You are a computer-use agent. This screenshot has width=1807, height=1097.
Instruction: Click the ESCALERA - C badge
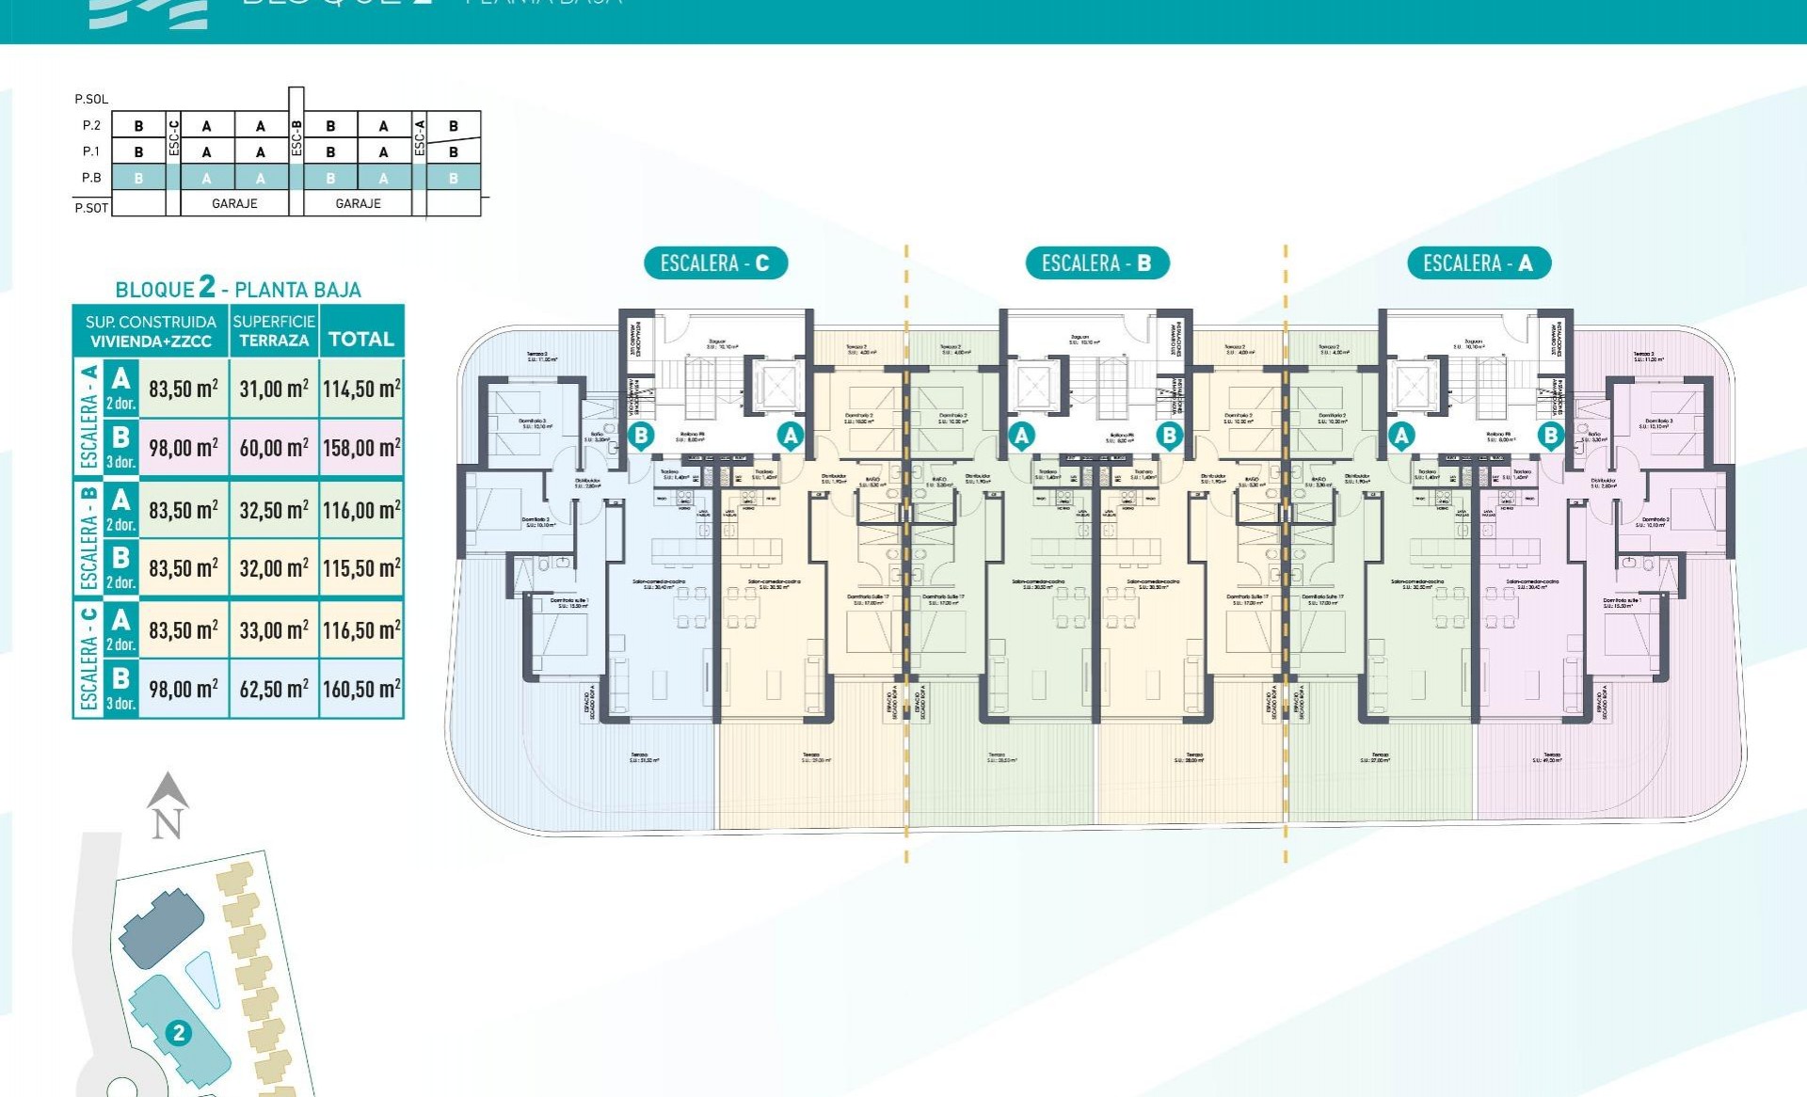(715, 263)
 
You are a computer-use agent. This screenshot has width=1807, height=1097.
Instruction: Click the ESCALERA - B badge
(1096, 263)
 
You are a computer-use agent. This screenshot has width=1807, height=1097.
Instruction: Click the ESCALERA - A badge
(1478, 263)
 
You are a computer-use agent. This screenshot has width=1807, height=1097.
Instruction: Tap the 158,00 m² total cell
(361, 448)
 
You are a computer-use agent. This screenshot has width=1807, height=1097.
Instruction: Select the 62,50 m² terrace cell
(274, 689)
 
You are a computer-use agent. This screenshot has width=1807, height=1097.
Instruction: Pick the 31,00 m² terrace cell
(274, 389)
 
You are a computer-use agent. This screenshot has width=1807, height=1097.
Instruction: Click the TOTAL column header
(361, 339)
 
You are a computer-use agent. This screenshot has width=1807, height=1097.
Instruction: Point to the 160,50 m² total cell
(361, 689)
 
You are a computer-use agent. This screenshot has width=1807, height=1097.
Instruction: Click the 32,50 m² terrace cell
(274, 510)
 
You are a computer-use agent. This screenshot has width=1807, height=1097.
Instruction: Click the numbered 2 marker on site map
(178, 1033)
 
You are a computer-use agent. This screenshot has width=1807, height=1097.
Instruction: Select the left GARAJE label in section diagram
(234, 203)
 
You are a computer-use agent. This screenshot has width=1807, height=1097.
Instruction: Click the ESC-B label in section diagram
(296, 137)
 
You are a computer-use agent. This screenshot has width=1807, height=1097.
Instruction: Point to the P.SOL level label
(91, 99)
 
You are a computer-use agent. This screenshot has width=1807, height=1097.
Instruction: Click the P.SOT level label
(91, 208)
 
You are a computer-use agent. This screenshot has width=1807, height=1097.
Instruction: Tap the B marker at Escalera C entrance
(641, 436)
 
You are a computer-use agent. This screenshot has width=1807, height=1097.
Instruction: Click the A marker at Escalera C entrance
(791, 436)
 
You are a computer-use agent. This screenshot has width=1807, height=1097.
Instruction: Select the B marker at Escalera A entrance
(1550, 436)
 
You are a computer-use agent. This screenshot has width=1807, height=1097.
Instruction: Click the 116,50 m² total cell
(361, 629)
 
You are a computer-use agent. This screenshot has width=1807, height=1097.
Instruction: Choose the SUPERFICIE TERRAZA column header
(274, 330)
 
